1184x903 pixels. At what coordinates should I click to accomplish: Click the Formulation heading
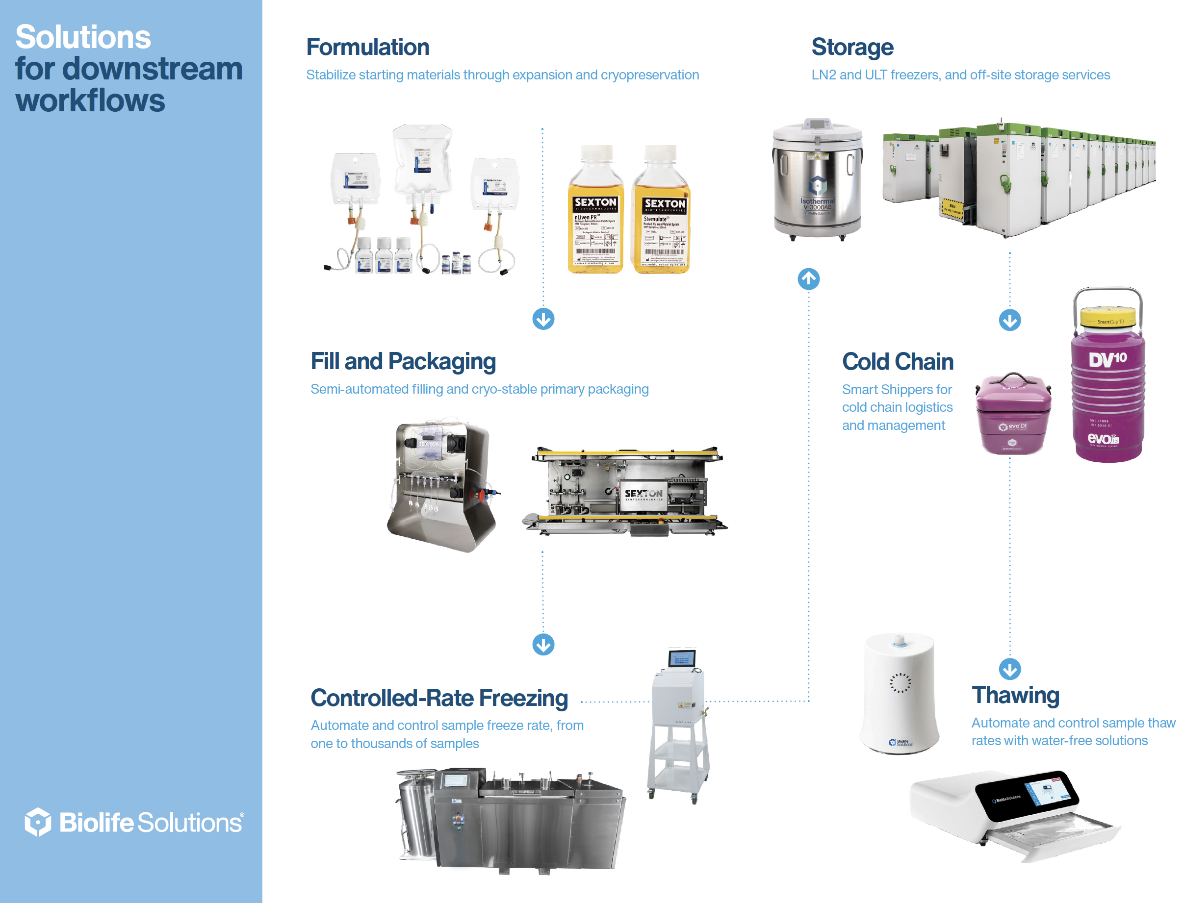367,47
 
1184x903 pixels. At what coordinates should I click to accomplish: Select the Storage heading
852,47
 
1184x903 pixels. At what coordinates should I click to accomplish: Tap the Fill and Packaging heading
403,361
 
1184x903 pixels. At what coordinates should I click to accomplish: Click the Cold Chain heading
898,362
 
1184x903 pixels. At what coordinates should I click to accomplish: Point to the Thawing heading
1015,695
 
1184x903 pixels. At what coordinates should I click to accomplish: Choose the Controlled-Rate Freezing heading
439,698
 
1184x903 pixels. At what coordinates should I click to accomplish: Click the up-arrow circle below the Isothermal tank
808,279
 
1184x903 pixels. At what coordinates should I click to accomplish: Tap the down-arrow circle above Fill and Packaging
543,319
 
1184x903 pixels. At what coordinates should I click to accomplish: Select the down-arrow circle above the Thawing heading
1009,669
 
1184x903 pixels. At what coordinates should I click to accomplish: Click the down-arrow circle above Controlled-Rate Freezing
543,645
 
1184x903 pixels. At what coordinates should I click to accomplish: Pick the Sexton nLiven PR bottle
595,215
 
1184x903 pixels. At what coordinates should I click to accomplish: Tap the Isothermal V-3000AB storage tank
817,180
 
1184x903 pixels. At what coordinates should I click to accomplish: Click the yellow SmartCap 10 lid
1107,317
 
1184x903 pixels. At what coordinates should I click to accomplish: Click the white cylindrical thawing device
899,693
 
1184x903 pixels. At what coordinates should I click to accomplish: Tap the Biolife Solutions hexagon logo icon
38,822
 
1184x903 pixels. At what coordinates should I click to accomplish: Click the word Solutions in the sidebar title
83,37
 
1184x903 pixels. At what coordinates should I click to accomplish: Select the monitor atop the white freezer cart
682,658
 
